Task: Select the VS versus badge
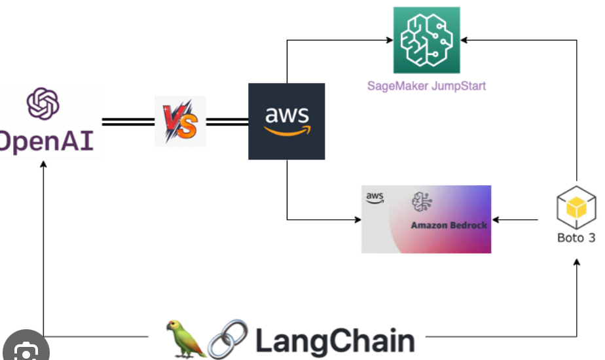179,122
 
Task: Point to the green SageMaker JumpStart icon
426,40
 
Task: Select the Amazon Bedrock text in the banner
449,225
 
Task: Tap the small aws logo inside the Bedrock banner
375,196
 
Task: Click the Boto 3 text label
576,238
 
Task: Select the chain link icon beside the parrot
227,339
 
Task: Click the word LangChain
335,341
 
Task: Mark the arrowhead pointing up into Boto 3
577,261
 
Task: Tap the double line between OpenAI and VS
128,122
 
